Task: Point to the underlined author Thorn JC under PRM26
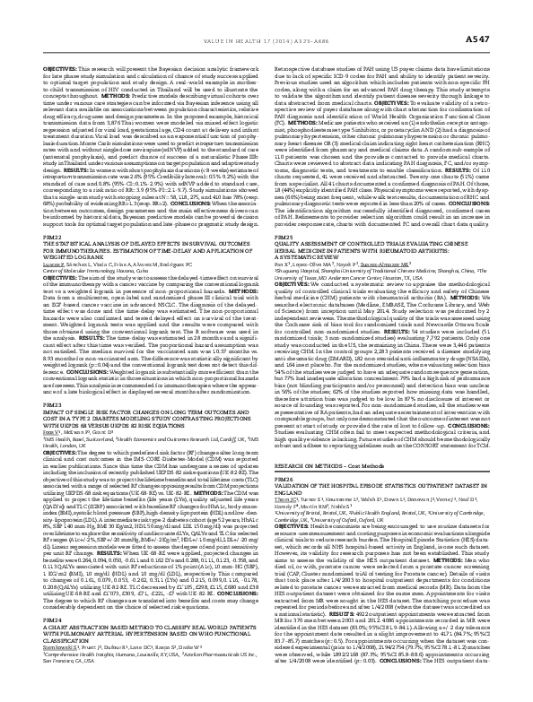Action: click(x=292, y=559)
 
